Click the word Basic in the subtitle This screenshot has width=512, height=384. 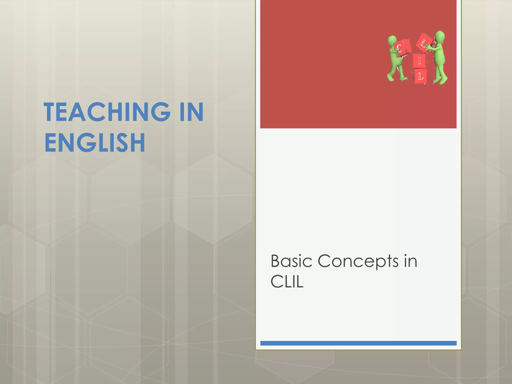point(291,261)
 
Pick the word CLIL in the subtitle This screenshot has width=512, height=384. point(287,282)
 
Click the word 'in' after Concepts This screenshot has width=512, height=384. point(411,261)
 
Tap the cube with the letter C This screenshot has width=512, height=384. point(402,47)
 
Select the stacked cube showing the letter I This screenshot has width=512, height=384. point(419,61)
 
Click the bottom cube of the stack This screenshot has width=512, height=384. point(420,76)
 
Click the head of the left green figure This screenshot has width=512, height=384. point(392,40)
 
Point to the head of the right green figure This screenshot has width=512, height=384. point(440,36)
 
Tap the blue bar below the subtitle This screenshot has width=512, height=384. point(358,343)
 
